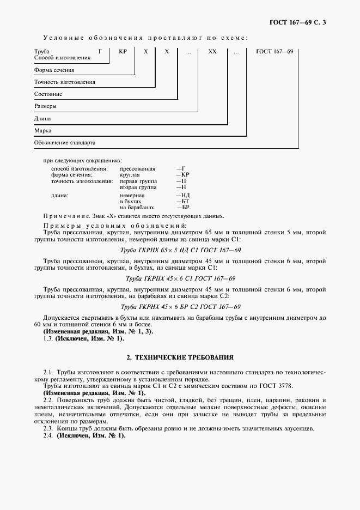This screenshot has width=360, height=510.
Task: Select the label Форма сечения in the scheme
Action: [x=54, y=70]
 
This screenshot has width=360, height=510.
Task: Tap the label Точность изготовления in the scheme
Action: [x=64, y=82]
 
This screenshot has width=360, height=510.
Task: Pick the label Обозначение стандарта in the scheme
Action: [x=64, y=143]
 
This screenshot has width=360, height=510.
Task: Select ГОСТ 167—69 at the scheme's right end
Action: [x=274, y=51]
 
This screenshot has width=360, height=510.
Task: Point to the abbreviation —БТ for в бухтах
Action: [x=182, y=202]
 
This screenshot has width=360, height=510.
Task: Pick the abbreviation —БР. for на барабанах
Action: [x=184, y=208]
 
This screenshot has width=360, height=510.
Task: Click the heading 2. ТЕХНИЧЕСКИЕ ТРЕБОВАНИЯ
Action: [x=180, y=358]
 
